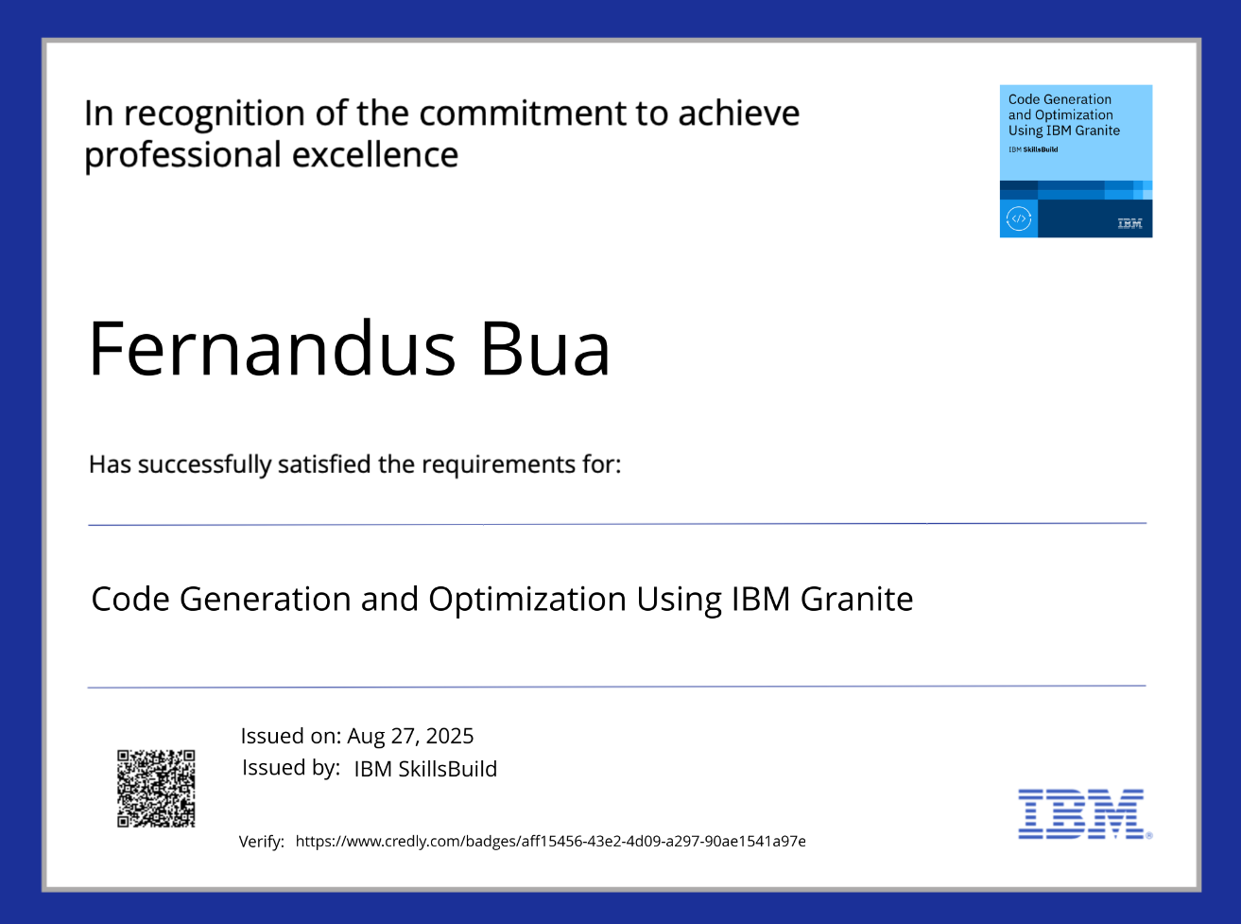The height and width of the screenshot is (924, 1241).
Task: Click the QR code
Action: (x=156, y=789)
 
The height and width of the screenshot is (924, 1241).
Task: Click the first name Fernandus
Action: (x=272, y=348)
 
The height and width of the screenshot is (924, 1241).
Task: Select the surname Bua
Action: (x=545, y=348)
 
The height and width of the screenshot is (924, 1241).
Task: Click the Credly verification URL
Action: (x=551, y=841)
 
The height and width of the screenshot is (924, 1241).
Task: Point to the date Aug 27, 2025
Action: (x=410, y=736)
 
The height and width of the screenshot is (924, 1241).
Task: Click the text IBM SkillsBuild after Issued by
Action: (x=425, y=769)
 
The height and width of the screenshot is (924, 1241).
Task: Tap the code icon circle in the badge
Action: (x=1018, y=218)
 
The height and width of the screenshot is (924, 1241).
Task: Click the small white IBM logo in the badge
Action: (x=1129, y=223)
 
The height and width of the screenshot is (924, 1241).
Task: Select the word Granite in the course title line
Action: (x=856, y=599)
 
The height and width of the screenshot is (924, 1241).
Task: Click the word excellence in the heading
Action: (x=375, y=154)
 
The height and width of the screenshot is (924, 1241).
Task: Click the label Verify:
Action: (x=262, y=842)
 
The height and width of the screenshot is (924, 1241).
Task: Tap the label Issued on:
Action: (x=291, y=736)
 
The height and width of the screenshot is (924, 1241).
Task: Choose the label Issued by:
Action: (x=291, y=768)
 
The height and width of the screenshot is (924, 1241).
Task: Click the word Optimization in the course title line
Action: (x=527, y=600)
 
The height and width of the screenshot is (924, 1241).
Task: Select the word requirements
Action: (x=498, y=465)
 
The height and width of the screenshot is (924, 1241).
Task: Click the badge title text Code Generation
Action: (x=1060, y=99)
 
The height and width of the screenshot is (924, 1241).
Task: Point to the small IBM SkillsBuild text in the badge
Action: (x=1033, y=149)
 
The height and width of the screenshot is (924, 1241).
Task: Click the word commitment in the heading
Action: (x=523, y=113)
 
